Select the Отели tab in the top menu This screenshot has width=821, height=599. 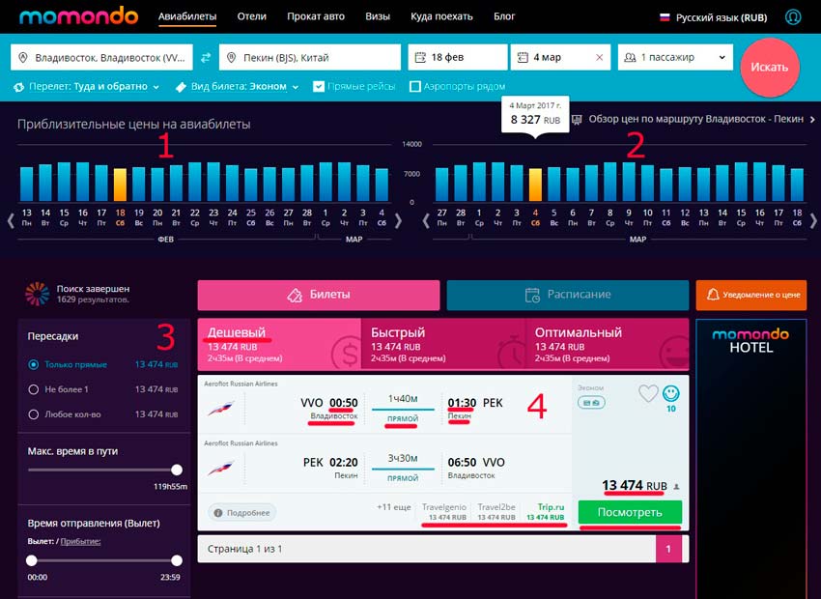point(251,16)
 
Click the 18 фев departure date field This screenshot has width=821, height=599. point(457,58)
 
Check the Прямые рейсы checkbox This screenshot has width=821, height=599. point(320,87)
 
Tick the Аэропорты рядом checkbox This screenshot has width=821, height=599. point(415,87)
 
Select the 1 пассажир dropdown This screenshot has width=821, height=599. point(674,58)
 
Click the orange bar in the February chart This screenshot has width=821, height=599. point(120,185)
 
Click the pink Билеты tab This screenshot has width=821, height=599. point(319,295)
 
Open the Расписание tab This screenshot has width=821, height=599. point(567,295)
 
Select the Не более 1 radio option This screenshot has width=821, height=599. point(34,389)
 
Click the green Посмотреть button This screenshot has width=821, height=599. point(630,512)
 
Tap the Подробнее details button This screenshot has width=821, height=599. point(241,512)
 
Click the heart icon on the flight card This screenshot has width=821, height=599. point(647,393)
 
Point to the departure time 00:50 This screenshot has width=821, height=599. point(344,402)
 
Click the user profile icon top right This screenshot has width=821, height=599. point(794,16)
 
